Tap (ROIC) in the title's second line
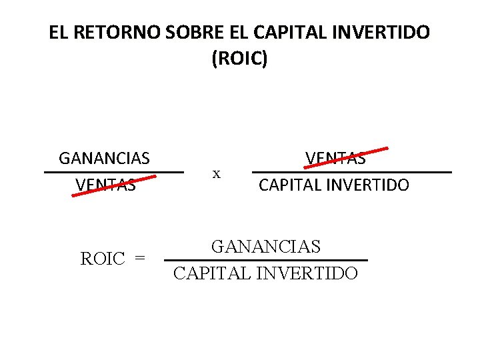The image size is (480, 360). (x=239, y=59)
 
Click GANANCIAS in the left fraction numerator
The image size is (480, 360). (x=104, y=159)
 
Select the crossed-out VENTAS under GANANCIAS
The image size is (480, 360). (x=105, y=185)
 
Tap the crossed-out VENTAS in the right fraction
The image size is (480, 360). (x=335, y=159)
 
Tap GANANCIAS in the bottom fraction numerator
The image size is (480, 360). (x=266, y=247)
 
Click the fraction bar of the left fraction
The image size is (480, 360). (x=113, y=172)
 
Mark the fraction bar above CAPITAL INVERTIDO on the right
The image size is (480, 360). (x=352, y=172)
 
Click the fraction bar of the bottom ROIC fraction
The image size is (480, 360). (x=265, y=260)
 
